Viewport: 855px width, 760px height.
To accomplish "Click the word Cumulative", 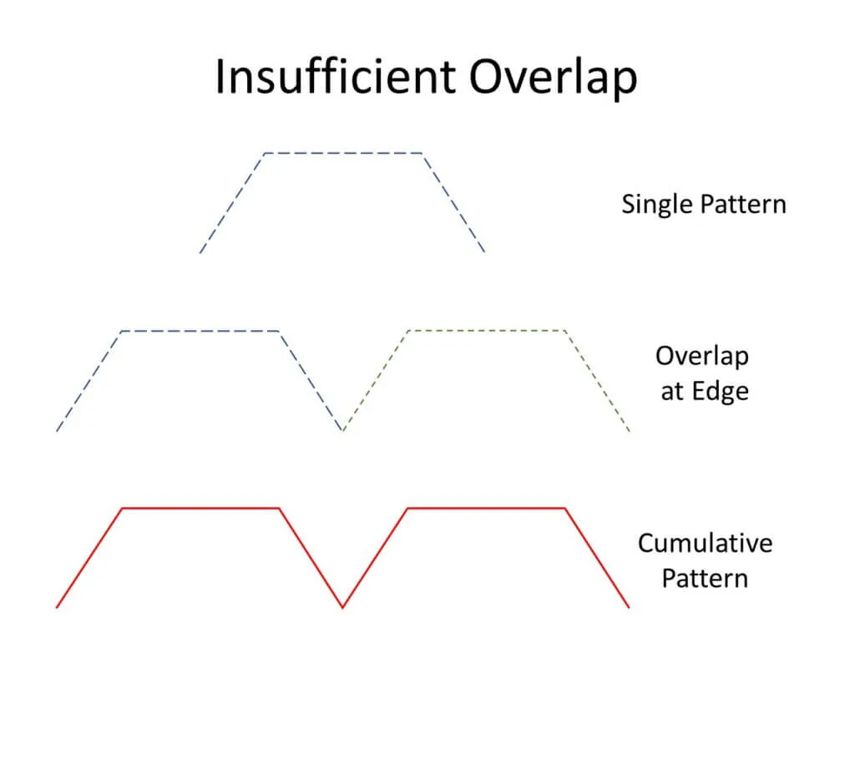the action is click(x=705, y=544).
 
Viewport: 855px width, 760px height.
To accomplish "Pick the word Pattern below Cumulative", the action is click(x=705, y=579).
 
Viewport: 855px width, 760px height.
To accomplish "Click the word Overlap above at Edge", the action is click(x=701, y=357).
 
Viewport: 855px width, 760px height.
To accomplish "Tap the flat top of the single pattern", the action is click(x=343, y=154).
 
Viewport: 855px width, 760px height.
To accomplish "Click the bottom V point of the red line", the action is click(x=342, y=606).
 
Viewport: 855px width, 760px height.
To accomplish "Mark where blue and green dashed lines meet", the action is click(x=342, y=430).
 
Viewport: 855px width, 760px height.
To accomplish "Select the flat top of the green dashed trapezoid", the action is click(x=487, y=331).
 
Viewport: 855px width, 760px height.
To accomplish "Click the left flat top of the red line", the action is click(x=200, y=509).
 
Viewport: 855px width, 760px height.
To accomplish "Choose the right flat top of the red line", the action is click(x=487, y=509).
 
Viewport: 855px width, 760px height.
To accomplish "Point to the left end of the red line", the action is click(x=57, y=606).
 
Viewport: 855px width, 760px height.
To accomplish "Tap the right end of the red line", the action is click(x=629, y=606).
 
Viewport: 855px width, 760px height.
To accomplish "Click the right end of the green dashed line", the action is click(x=630, y=431).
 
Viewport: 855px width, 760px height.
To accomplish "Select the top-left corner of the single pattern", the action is click(x=265, y=154).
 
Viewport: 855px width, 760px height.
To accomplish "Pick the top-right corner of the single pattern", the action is click(x=422, y=154).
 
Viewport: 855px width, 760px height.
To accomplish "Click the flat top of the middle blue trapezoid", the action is click(x=200, y=331).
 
